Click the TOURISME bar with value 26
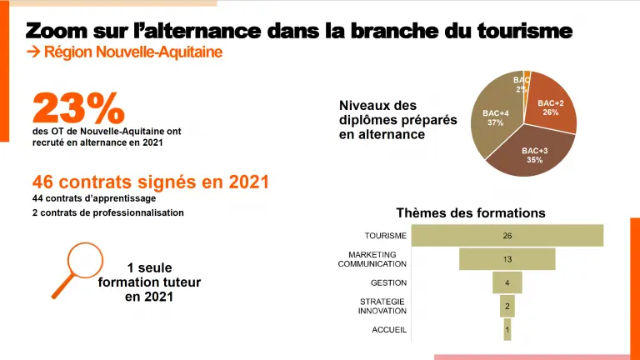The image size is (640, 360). pyautogui.click(x=507, y=236)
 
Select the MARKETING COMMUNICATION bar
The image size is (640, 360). pyautogui.click(x=507, y=259)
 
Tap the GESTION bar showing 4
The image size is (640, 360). pyautogui.click(x=507, y=282)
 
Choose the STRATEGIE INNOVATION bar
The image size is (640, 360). pyautogui.click(x=507, y=306)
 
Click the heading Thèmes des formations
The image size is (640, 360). pyautogui.click(x=470, y=212)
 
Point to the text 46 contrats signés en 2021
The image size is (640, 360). pyautogui.click(x=150, y=182)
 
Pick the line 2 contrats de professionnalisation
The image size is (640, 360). pyautogui.click(x=107, y=212)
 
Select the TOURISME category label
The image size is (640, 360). pyautogui.click(x=385, y=236)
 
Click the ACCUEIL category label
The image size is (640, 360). pyautogui.click(x=389, y=330)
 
